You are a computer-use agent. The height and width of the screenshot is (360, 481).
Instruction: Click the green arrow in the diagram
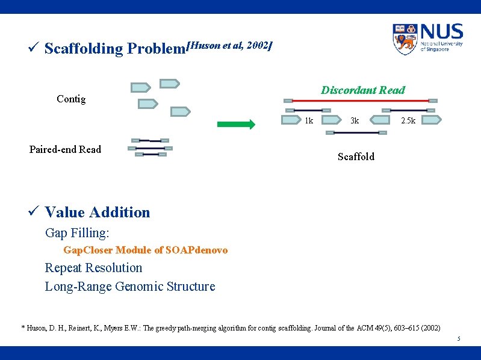[x=236, y=125]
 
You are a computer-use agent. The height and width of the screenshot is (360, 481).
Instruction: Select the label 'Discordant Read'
[x=362, y=90]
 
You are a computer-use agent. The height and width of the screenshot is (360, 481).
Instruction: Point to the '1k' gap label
[x=308, y=120]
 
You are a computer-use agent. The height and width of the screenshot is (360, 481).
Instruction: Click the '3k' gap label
[x=355, y=120]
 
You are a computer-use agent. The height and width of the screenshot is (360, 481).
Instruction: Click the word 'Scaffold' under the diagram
[x=356, y=157]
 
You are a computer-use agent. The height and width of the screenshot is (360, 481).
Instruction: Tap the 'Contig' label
[x=71, y=99]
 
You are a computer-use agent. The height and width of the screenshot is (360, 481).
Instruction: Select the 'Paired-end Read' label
[x=65, y=149]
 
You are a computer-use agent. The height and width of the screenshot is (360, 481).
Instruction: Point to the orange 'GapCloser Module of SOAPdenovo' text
[x=145, y=250]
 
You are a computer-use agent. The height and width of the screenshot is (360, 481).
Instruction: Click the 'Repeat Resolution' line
[x=93, y=268]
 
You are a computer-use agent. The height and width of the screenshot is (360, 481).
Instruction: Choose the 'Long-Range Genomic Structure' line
[x=129, y=287]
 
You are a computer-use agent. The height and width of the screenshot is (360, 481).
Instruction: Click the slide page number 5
[x=458, y=339]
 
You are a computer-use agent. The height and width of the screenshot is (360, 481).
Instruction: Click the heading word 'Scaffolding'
[x=84, y=48]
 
